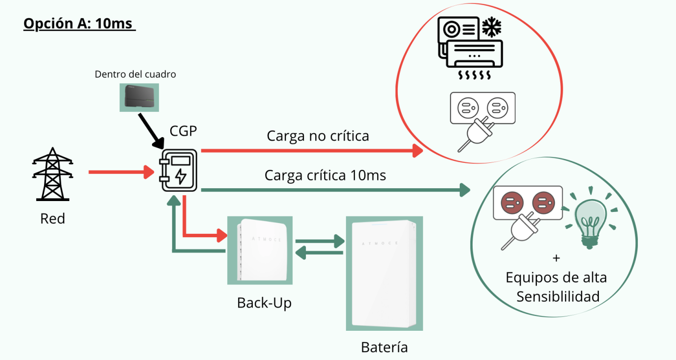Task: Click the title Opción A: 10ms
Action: coord(79,24)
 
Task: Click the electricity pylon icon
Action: coord(52,174)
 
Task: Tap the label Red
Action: coord(52,218)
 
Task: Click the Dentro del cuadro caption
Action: coord(136,75)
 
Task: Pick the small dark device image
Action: coord(139,97)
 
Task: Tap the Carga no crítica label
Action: coord(318,136)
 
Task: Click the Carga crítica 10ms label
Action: coord(325,175)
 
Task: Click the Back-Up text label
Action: coord(264,303)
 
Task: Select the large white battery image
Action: coord(384,273)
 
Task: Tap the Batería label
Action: coord(385,347)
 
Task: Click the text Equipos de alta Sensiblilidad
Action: coord(557,286)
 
